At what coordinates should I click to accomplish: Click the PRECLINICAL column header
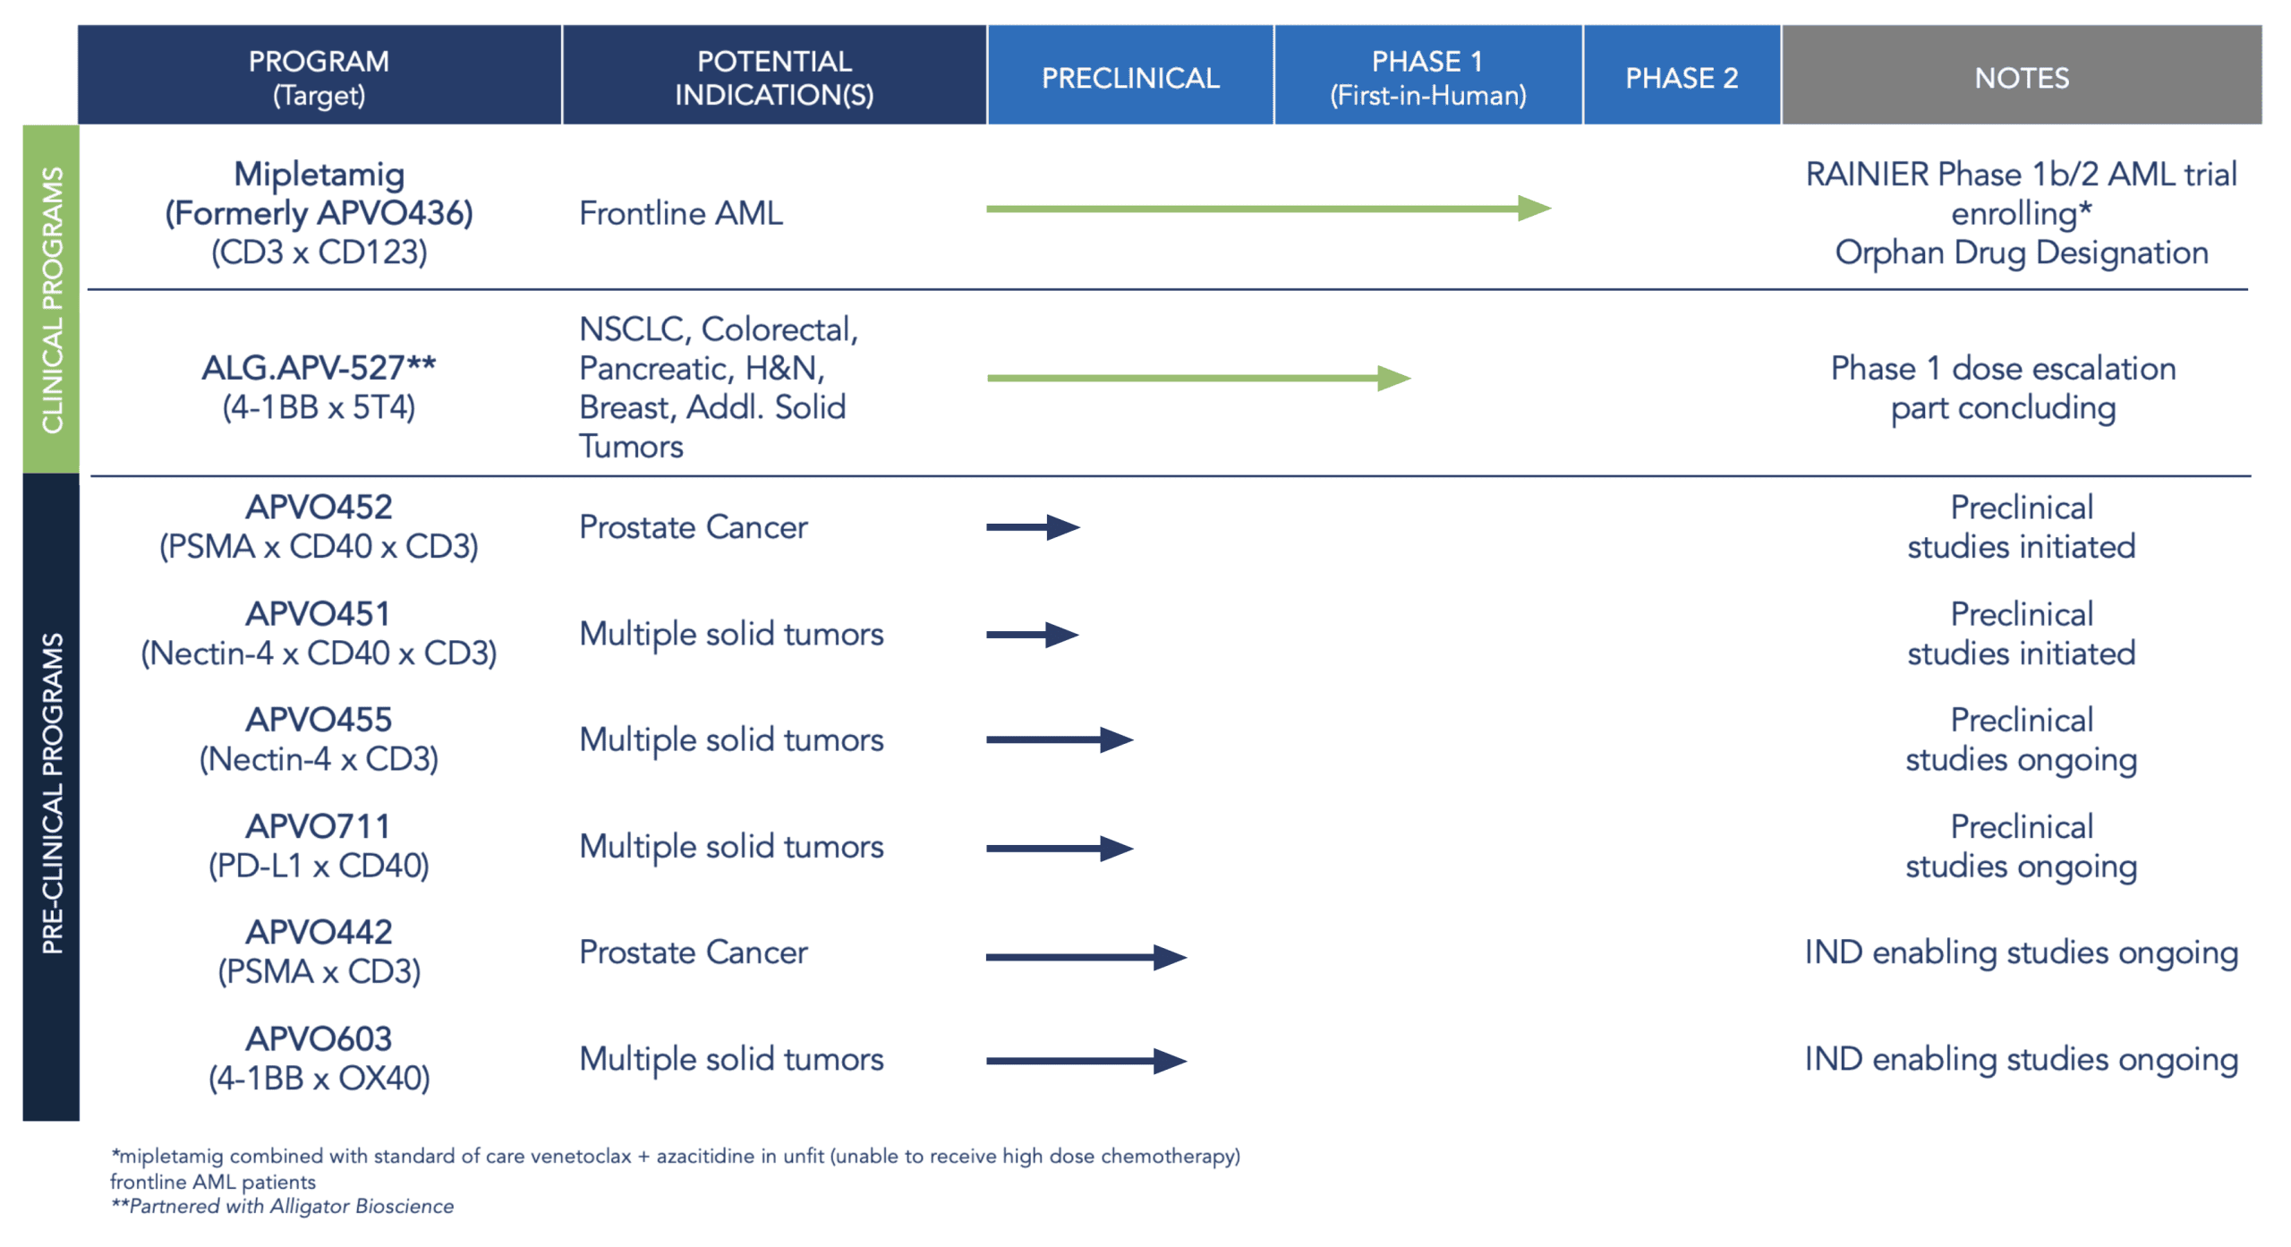tap(1129, 78)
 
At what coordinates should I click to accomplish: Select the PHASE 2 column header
tap(1682, 78)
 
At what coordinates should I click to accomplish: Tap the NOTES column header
tap(2022, 78)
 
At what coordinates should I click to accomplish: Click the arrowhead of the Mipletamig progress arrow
tap(1534, 209)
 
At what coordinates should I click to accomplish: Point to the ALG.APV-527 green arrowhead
tap(1394, 378)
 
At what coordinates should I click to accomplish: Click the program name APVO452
tap(319, 508)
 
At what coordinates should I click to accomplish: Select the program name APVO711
tap(319, 826)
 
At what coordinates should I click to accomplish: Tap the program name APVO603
tap(319, 1038)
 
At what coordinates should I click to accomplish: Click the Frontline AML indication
tap(681, 213)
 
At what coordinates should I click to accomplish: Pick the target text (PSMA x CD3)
tap(319, 971)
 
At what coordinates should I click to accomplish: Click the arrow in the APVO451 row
tap(1033, 635)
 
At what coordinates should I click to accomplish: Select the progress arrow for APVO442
tap(1086, 957)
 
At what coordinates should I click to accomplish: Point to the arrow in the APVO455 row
tap(1060, 739)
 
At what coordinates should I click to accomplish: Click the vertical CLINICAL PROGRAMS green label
tap(51, 300)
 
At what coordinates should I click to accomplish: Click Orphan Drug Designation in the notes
tap(2022, 252)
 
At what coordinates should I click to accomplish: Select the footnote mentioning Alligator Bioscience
tap(282, 1206)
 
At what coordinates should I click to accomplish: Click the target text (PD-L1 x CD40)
tap(319, 866)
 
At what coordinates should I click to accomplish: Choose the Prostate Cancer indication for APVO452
tap(694, 527)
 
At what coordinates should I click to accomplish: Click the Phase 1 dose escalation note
tap(2004, 388)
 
